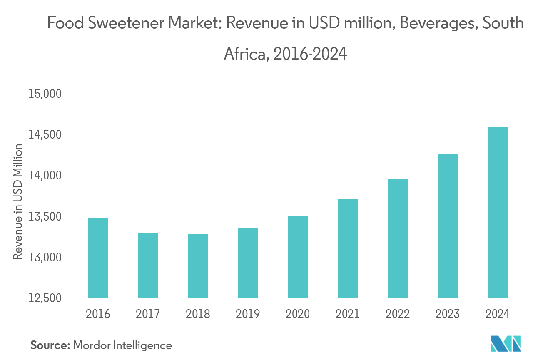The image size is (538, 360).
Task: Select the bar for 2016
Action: pos(98,258)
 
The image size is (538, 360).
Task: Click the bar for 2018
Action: pos(198,266)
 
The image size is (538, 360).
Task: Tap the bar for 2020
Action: pos(298,257)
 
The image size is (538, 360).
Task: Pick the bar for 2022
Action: pos(398,239)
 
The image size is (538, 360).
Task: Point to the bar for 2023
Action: pos(448,226)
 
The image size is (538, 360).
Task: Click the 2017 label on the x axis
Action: pos(148,313)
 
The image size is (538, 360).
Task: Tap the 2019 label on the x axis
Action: pos(248,313)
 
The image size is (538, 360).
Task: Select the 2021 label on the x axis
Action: pos(348,313)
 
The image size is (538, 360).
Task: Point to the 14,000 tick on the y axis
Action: pos(45,176)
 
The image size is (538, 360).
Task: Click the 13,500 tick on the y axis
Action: pos(45,217)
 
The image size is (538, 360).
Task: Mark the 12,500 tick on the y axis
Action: pos(45,298)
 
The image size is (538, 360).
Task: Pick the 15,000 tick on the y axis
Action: pos(45,94)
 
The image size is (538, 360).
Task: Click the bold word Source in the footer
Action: pos(49,345)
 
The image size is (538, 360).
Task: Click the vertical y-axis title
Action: pos(18,202)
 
